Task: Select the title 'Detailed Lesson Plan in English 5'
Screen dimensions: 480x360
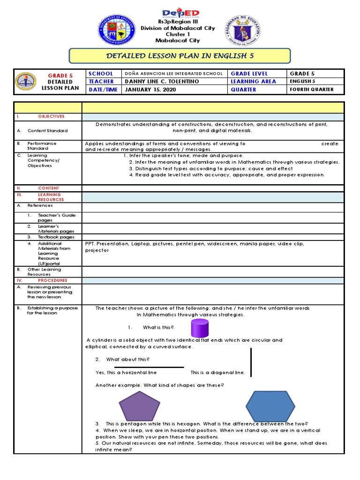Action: (180, 56)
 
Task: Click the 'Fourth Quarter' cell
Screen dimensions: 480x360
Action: (312, 90)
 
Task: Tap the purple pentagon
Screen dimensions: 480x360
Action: (139, 405)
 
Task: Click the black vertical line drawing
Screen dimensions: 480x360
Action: (251, 362)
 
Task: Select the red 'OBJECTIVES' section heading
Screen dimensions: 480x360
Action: (52, 116)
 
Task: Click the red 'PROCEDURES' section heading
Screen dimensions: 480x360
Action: (52, 280)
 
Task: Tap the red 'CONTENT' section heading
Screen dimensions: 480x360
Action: (49, 188)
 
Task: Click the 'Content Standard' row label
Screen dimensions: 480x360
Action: (47, 131)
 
